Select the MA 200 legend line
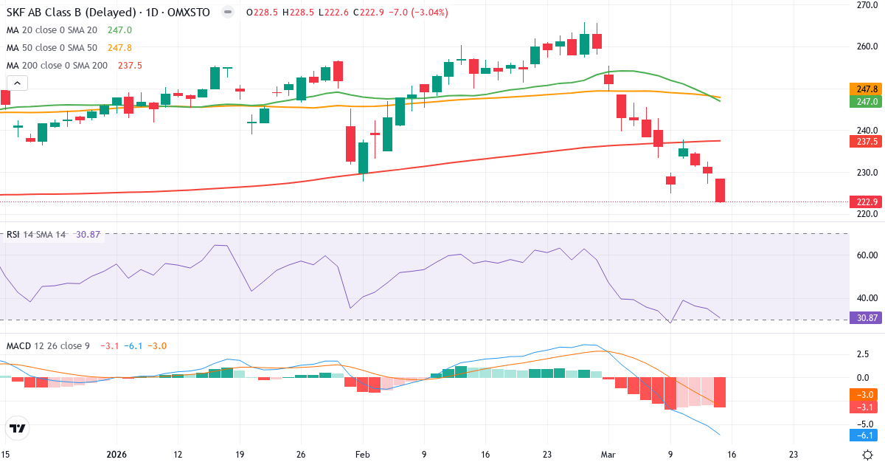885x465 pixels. [74, 65]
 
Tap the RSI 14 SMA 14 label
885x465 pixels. [37, 235]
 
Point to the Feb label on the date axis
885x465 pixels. [362, 455]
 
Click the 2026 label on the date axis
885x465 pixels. [117, 455]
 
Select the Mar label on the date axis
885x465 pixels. [608, 455]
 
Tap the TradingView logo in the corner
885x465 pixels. [18, 428]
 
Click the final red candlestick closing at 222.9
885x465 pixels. [720, 190]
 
